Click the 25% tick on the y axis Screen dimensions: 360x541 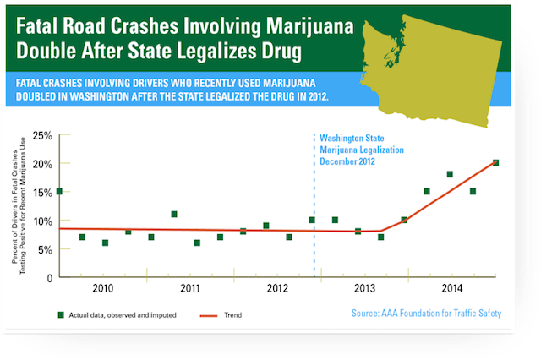click(43, 135)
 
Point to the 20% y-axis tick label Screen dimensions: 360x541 click(43, 164)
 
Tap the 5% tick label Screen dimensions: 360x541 click(46, 249)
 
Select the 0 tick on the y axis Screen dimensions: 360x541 click(50, 277)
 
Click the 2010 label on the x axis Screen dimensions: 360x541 click(102, 289)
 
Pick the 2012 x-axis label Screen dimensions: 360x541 click(277, 289)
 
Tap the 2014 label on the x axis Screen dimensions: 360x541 click(451, 289)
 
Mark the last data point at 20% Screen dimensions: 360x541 click(495, 163)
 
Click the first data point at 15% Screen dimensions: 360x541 click(59, 192)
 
